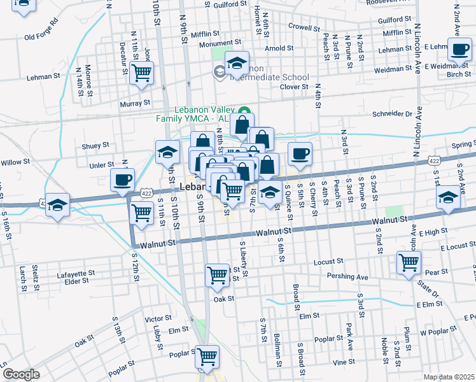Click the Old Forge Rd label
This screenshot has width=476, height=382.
(41, 38)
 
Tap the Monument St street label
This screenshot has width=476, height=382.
(218, 44)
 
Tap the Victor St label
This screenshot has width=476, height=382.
(158, 318)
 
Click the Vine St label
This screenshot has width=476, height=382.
(344, 362)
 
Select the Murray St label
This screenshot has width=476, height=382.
(134, 103)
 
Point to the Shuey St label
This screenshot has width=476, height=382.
(95, 146)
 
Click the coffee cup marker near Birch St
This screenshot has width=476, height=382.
(459, 50)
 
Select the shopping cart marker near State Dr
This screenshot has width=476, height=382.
(409, 261)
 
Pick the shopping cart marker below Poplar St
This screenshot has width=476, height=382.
(207, 357)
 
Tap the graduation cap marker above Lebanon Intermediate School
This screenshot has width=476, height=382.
(237, 62)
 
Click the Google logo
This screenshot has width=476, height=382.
(22, 374)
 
